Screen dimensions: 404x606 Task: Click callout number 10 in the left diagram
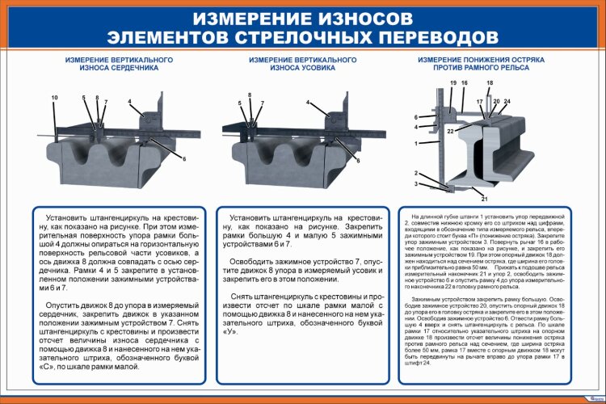(x=54, y=98)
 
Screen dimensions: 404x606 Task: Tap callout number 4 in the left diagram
(x=130, y=102)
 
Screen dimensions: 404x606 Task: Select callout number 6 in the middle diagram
(x=358, y=160)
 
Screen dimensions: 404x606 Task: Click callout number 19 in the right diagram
(x=452, y=83)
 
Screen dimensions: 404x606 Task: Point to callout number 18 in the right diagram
(x=490, y=83)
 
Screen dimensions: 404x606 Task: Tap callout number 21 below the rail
(x=485, y=198)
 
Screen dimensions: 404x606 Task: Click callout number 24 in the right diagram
(x=507, y=102)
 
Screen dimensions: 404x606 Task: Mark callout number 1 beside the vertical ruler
(x=416, y=143)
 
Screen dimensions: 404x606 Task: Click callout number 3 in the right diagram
(x=416, y=183)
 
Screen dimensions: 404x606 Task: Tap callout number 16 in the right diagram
(x=464, y=83)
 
